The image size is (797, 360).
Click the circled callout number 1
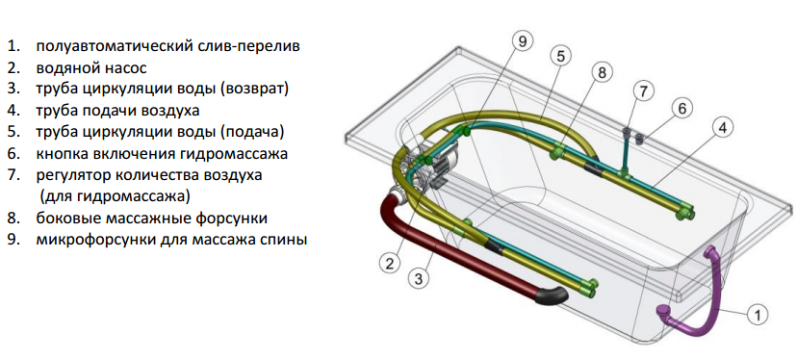(x=757, y=316)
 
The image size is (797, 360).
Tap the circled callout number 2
(x=389, y=264)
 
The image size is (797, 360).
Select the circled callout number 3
(x=419, y=278)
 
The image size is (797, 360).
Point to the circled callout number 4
(x=723, y=128)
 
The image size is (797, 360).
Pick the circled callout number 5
(x=560, y=57)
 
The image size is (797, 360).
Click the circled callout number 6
(x=681, y=108)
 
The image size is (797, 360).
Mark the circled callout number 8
(x=602, y=73)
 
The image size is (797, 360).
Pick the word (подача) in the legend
(x=251, y=132)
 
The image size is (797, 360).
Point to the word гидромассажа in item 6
(x=231, y=153)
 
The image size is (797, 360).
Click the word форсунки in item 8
(x=232, y=219)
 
